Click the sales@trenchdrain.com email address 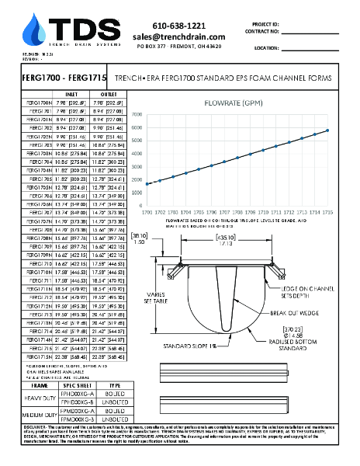(178, 37)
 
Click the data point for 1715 (327, 130)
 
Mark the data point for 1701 (160, 180)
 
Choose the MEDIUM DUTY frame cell (39, 414)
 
